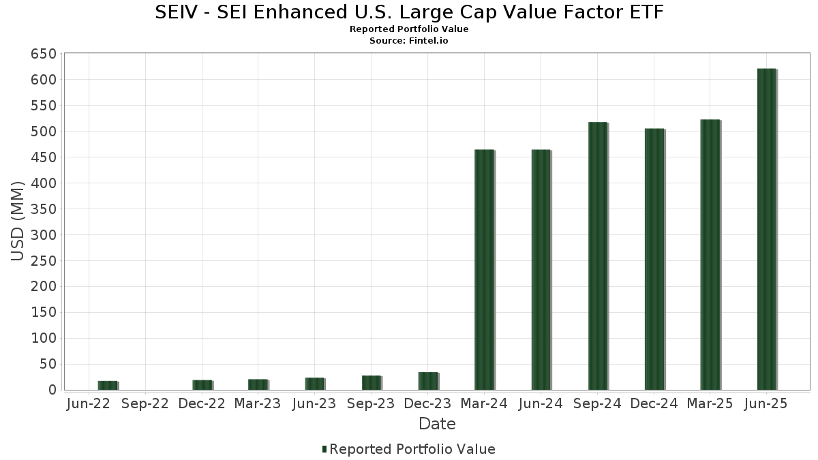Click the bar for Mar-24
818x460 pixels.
click(x=484, y=270)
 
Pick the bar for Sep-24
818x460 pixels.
click(x=598, y=256)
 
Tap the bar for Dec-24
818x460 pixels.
click(x=654, y=260)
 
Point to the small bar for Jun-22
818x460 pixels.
click(x=108, y=386)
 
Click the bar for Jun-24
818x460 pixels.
click(x=541, y=270)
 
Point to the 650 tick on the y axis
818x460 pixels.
click(x=43, y=54)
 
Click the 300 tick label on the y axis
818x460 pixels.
click(x=43, y=235)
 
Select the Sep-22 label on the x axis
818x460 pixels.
click(x=145, y=404)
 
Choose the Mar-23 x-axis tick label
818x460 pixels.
click(x=258, y=404)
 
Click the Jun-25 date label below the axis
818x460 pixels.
click(x=767, y=404)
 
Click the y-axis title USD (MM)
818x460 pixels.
click(x=18, y=221)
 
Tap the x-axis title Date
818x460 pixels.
click(x=437, y=424)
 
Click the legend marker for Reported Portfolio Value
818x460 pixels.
click(x=324, y=449)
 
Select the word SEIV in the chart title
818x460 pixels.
click(x=177, y=12)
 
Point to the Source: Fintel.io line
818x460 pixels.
click(x=409, y=40)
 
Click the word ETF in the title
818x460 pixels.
click(x=644, y=12)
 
